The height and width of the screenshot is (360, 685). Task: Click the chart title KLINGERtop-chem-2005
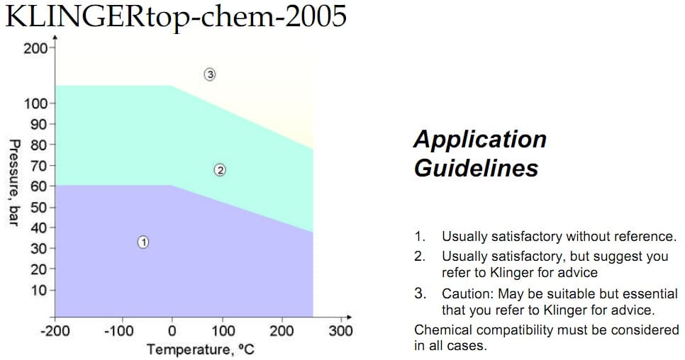(x=176, y=16)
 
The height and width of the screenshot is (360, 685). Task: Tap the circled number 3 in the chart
(x=209, y=74)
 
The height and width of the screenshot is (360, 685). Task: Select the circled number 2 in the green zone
(x=220, y=170)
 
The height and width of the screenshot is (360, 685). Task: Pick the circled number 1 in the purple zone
(x=143, y=242)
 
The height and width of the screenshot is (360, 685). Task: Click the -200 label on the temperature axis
(x=55, y=331)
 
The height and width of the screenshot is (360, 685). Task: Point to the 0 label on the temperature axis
(x=172, y=331)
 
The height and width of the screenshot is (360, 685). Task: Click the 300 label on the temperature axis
(x=341, y=331)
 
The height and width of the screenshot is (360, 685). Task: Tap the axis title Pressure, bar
(x=13, y=183)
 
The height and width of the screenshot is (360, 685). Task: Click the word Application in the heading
(x=480, y=139)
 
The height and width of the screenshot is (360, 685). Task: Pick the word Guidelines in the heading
(x=476, y=169)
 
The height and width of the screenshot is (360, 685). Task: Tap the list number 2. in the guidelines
(x=420, y=256)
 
